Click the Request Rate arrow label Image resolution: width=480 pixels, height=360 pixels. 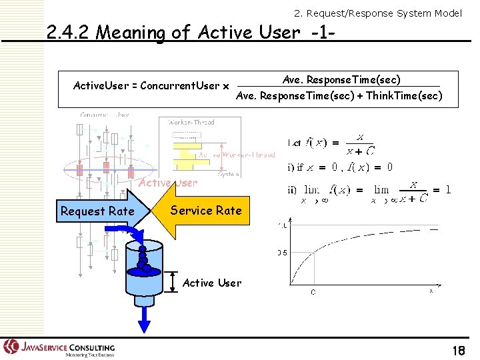click(97, 211)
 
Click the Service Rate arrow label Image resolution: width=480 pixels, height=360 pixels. click(205, 211)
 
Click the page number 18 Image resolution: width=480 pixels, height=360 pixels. click(458, 351)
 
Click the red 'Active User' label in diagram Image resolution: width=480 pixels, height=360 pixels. click(167, 183)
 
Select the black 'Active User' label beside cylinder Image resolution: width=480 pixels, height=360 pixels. click(212, 283)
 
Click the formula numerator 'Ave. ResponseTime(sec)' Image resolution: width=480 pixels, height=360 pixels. click(341, 80)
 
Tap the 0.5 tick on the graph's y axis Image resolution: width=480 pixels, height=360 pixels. click(283, 253)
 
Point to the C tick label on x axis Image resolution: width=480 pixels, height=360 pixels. click(313, 291)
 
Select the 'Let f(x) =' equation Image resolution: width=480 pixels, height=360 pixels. click(330, 141)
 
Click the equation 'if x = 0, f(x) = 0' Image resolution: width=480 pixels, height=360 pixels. click(340, 167)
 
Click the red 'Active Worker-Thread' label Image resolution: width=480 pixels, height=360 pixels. click(237, 155)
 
